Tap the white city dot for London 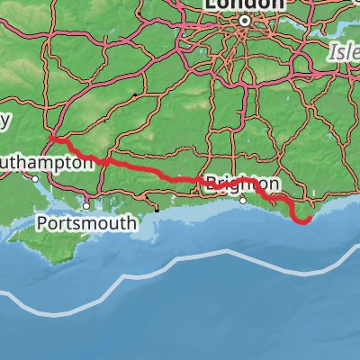coord(243,18)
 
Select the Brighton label coord(230,182)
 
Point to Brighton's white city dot coord(243,201)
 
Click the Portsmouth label coord(87,221)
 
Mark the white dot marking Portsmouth coord(86,204)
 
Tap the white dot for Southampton coord(36,177)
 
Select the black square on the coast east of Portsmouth coord(157,210)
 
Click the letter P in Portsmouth coord(42,221)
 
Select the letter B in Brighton coord(210,182)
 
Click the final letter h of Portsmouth coord(131,221)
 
